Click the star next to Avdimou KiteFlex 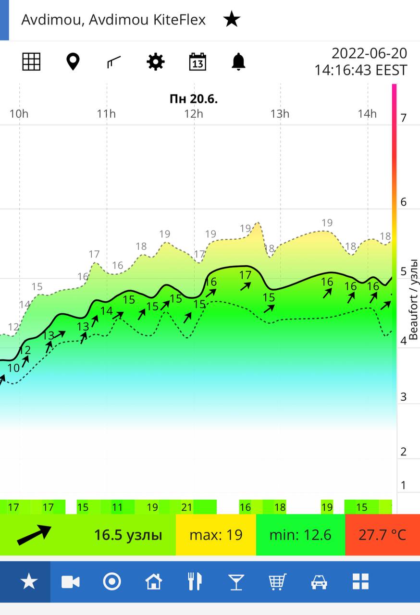[x=232, y=20]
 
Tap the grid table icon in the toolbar [x=31, y=61]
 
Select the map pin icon [x=73, y=61]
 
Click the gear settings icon [x=156, y=61]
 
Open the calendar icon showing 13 [x=198, y=61]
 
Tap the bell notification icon [x=238, y=61]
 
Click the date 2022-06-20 [x=369, y=53]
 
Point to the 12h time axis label [x=193, y=114]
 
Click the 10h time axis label [x=18, y=114]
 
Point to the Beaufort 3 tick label [x=404, y=397]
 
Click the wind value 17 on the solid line [x=245, y=275]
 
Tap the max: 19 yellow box [x=216, y=535]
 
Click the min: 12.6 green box [x=300, y=535]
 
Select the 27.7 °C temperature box [x=383, y=535]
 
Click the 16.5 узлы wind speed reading [x=128, y=535]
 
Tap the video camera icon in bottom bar [x=71, y=582]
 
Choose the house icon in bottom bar [x=153, y=582]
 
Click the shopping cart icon [x=277, y=582]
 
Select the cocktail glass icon [x=236, y=582]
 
